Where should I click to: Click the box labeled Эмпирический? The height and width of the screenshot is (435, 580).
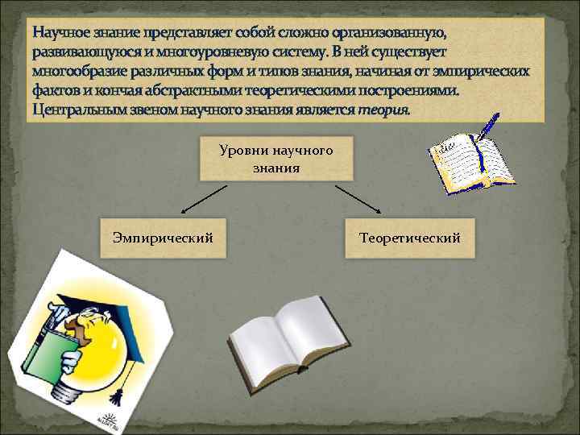164,238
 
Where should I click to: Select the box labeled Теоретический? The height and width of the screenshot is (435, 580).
410,238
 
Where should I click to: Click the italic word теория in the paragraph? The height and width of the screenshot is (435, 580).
382,108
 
